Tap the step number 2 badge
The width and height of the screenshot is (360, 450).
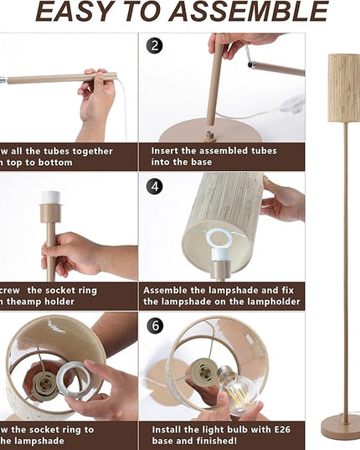point(154,45)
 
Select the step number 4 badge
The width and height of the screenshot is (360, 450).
point(154,186)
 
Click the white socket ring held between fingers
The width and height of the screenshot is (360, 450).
point(79,379)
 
